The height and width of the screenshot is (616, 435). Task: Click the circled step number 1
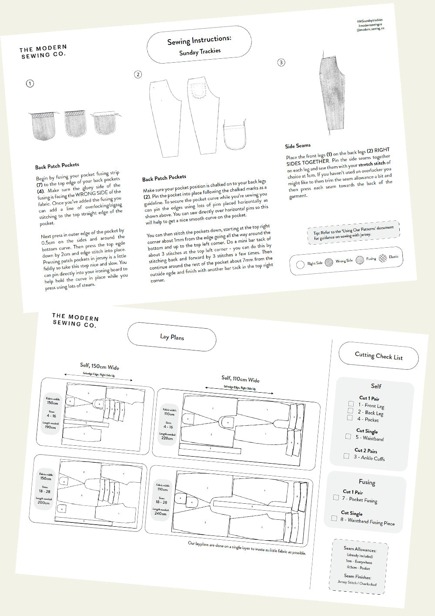click(30, 83)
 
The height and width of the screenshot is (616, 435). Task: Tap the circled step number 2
click(138, 74)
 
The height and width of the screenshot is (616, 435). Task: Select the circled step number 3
click(281, 62)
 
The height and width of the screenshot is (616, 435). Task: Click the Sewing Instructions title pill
click(199, 45)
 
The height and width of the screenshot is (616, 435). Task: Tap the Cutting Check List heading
click(378, 356)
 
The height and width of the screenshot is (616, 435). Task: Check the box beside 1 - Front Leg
click(351, 404)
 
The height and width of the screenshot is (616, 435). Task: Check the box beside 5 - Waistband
click(348, 436)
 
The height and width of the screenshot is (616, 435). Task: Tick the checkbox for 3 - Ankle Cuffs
click(346, 456)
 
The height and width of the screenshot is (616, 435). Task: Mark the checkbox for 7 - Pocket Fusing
click(336, 497)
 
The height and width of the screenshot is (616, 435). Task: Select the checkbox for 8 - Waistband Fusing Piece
click(334, 518)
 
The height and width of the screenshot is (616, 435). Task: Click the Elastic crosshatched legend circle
click(382, 258)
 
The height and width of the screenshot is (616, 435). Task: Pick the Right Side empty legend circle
click(300, 264)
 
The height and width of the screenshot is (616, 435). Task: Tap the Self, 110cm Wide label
click(240, 379)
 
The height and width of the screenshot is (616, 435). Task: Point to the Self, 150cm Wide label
click(99, 366)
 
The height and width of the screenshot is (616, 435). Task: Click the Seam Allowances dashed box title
click(360, 549)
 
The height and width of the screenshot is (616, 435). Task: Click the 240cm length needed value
click(160, 514)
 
